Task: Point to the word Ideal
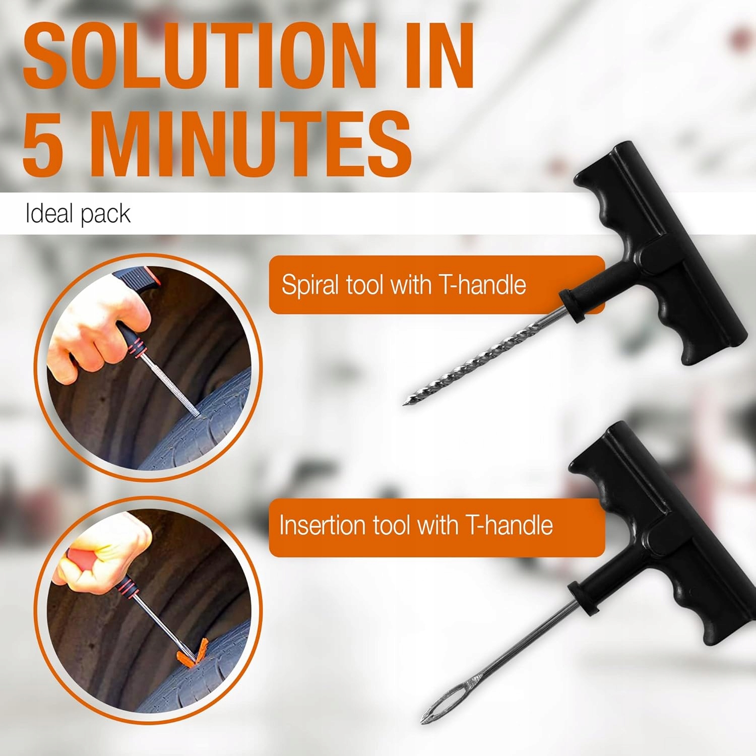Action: pyautogui.click(x=49, y=214)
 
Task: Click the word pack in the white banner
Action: pyautogui.click(x=105, y=215)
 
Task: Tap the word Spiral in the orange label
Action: pyautogui.click(x=310, y=285)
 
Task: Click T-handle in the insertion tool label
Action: pyautogui.click(x=510, y=525)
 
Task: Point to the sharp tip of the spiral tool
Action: pyautogui.click(x=404, y=404)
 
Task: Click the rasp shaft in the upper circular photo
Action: pyautogui.click(x=169, y=386)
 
